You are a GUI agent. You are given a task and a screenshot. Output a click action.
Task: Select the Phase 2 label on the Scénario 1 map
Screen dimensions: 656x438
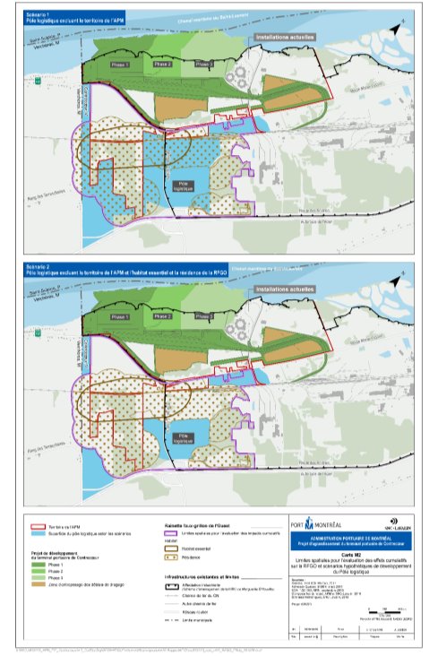pos(162,65)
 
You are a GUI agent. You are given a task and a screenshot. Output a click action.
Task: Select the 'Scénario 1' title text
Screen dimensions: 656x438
pos(41,15)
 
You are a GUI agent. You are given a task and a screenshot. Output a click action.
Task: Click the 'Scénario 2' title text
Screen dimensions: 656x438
pos(41,265)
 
